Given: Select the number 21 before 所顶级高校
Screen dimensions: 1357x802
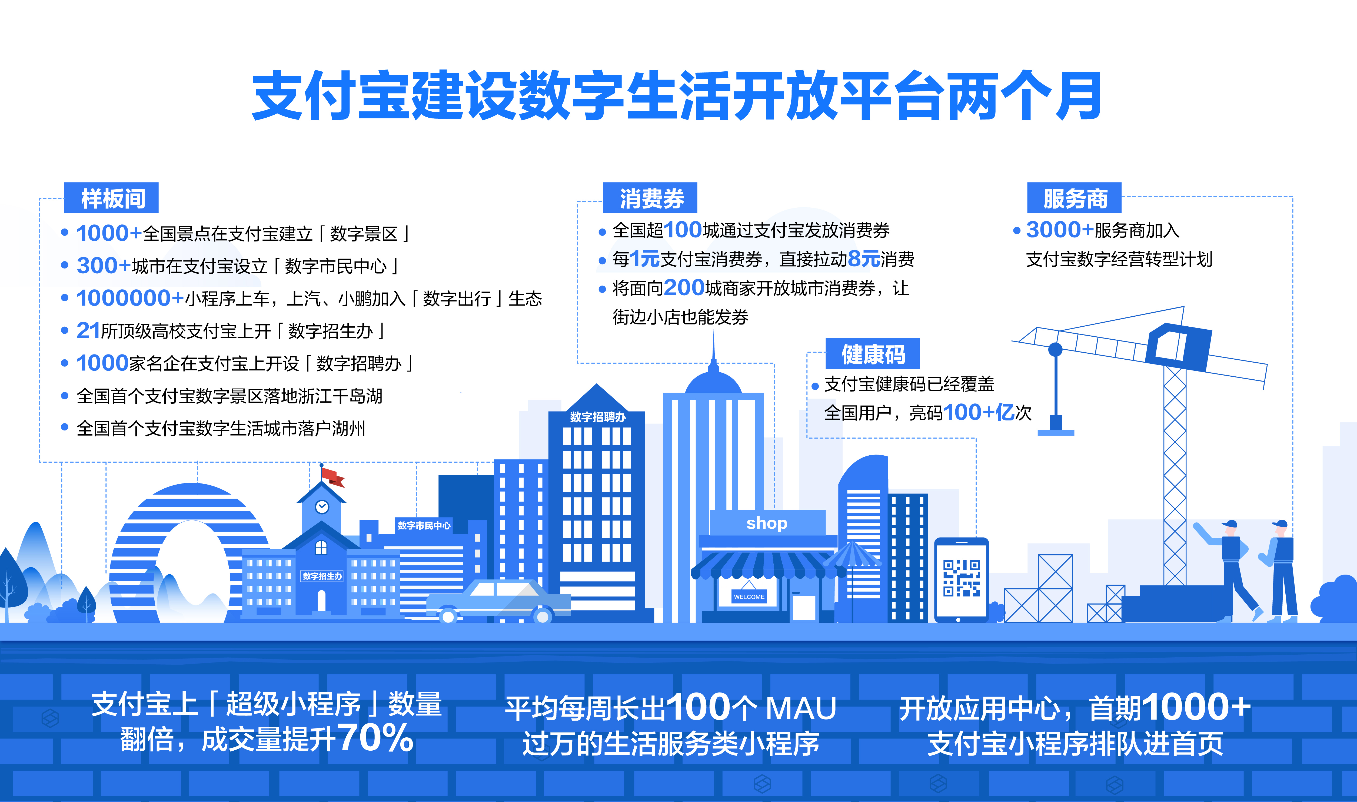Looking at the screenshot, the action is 88,330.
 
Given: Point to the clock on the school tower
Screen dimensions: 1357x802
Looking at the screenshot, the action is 322,506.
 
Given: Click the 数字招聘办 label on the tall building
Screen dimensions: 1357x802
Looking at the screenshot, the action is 597,417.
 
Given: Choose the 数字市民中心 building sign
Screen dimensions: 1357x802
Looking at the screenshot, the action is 424,525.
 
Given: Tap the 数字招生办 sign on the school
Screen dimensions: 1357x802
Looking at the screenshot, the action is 322,576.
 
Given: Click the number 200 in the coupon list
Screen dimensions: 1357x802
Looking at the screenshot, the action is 684,287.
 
